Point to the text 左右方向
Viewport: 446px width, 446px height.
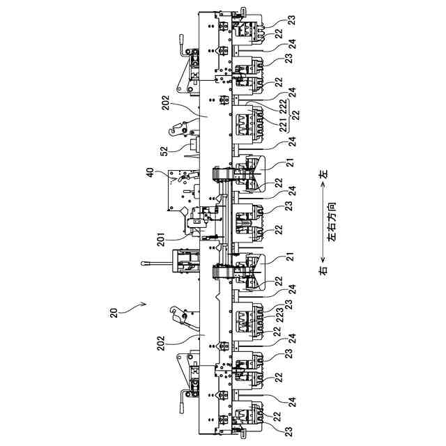[332, 222]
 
